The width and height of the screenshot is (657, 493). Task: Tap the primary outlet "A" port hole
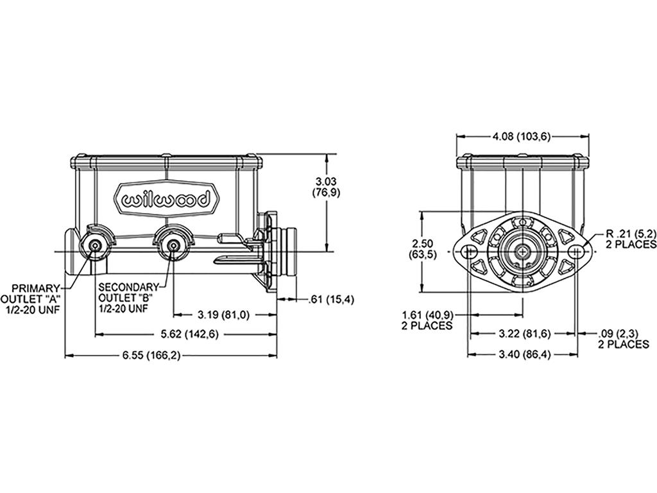[x=96, y=246]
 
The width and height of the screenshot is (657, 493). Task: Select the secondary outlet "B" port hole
[x=173, y=246]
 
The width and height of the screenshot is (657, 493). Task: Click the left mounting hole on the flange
[x=468, y=252]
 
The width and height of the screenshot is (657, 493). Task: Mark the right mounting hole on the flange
[x=577, y=252]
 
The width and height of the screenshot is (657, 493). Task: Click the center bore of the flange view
[x=522, y=252]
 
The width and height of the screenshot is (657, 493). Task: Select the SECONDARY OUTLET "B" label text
[x=128, y=292]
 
